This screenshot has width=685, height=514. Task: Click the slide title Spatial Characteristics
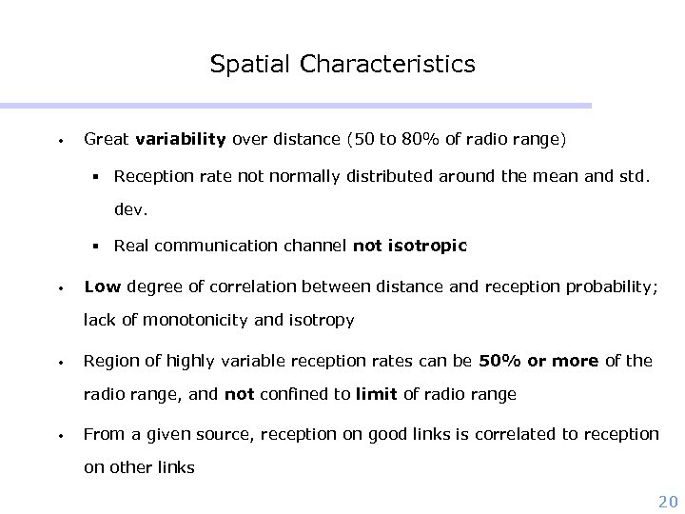[342, 65]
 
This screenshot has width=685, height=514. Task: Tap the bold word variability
[181, 140]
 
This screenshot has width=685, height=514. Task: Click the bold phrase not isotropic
[410, 246]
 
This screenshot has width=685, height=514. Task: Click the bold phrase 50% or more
[539, 360]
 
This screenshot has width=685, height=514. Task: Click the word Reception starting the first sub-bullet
[150, 176]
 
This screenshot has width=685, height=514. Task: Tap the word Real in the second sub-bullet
[130, 246]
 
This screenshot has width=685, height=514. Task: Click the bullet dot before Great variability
[60, 141]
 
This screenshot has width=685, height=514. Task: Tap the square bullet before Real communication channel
[97, 247]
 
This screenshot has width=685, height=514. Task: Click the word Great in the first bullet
[107, 140]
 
